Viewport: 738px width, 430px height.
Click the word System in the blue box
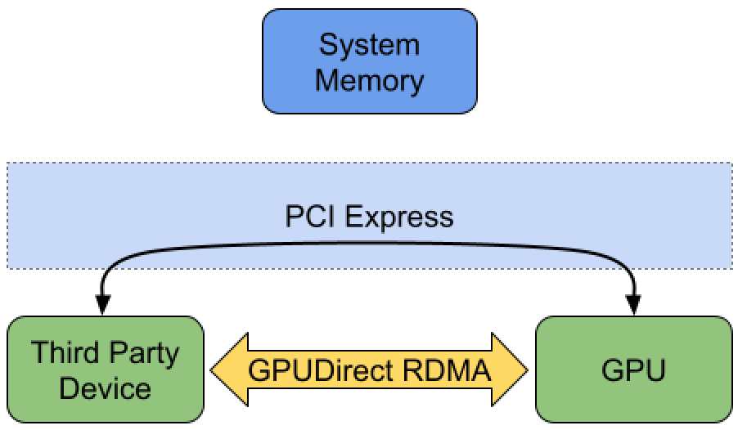click(x=369, y=45)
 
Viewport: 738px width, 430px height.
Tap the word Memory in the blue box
click(x=369, y=80)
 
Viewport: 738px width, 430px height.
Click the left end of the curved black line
click(x=110, y=267)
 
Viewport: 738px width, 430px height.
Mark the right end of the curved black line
click(x=628, y=267)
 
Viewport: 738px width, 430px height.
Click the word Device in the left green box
click(x=105, y=387)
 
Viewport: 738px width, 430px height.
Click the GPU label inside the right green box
click(x=633, y=370)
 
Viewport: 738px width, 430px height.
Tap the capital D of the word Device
click(x=70, y=387)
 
